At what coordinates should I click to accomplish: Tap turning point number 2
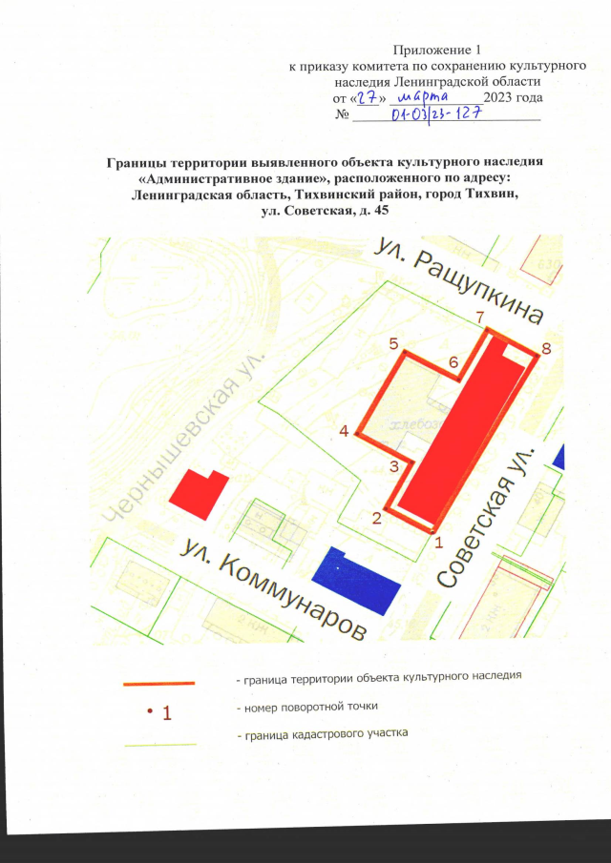(385, 508)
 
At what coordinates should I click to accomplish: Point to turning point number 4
(357, 434)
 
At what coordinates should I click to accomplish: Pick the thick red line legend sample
(159, 683)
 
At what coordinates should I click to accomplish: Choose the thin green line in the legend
(159, 743)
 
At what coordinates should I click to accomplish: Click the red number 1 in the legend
(165, 712)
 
